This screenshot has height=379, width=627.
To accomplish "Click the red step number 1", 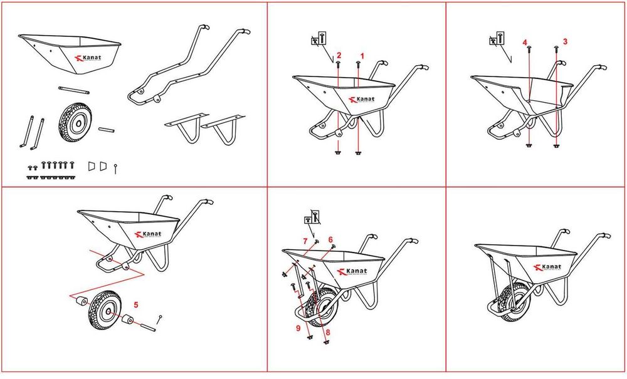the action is pos(362,56).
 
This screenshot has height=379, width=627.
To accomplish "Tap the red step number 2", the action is pos(339,55).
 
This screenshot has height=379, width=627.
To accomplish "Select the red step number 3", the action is pos(565,41).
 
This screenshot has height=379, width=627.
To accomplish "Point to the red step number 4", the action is pos(525,42).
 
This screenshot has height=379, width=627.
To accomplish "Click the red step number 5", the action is pos(136,304).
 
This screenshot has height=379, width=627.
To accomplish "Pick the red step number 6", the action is pos(330,240).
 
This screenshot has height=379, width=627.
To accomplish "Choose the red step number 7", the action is pos(305,241).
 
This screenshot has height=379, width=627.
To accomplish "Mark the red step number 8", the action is pos(328,332).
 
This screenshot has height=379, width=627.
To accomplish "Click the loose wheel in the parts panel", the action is pos(74,122).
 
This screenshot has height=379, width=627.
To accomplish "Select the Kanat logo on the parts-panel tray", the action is pos(88,58).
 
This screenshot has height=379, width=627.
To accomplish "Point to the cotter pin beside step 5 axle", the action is pos(159,319).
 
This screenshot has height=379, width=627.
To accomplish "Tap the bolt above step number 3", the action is pos(556,49).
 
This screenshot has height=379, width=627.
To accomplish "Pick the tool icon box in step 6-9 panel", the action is pos(312,217).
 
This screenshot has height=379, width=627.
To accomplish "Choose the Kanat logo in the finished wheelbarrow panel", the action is pos(547,267).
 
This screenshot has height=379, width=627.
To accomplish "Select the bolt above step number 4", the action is pos(529,49).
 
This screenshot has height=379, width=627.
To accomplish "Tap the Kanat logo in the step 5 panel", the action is pos(149,234).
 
